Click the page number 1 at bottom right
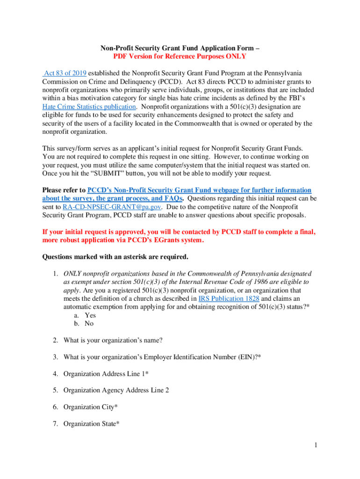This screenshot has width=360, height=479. point(316,445)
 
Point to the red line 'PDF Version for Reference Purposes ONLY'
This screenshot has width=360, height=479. point(180,57)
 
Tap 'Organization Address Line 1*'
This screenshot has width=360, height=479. point(106,374)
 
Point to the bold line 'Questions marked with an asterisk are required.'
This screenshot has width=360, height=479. point(115,257)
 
